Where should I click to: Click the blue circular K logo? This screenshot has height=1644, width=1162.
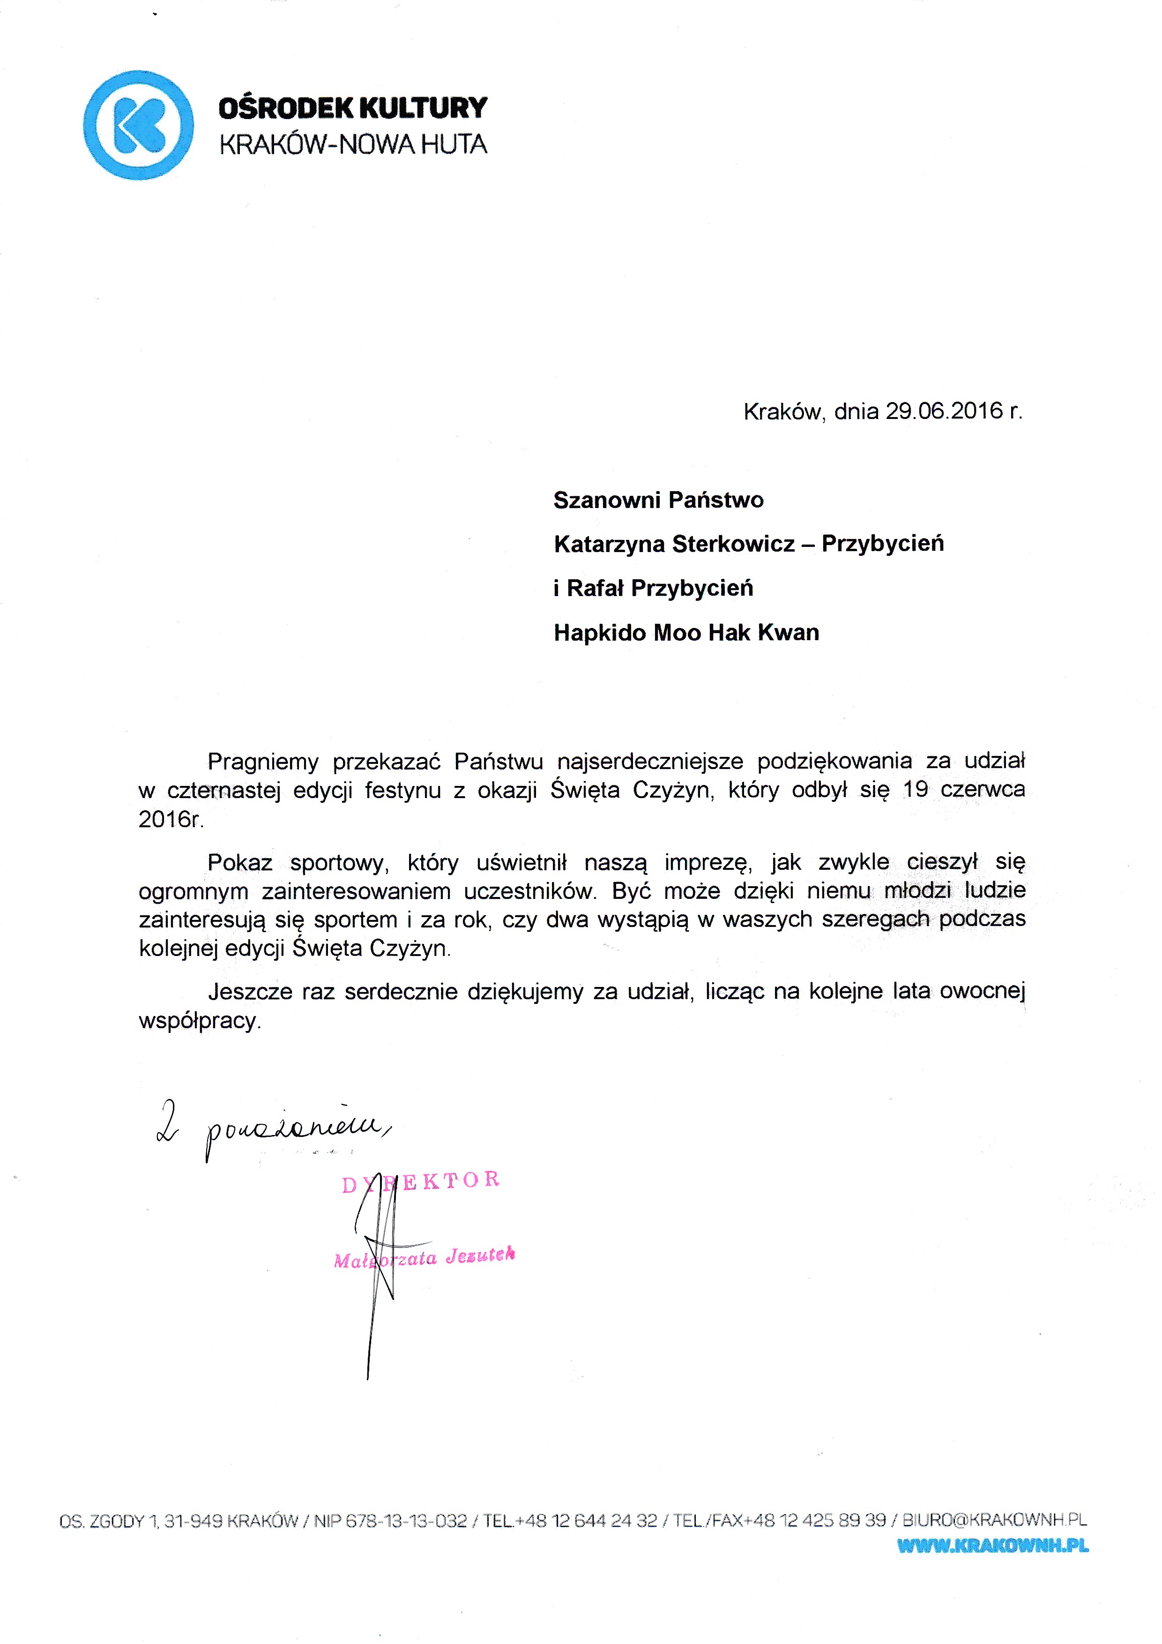pos(138,125)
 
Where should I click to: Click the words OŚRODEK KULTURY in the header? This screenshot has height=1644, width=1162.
pos(352,108)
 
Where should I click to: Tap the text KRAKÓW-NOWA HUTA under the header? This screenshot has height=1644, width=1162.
pos(352,145)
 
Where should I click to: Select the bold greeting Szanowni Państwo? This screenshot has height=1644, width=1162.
pos(658,500)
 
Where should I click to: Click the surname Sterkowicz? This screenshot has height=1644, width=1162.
pos(734,544)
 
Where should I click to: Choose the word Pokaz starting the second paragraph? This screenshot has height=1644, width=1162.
pos(240,863)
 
